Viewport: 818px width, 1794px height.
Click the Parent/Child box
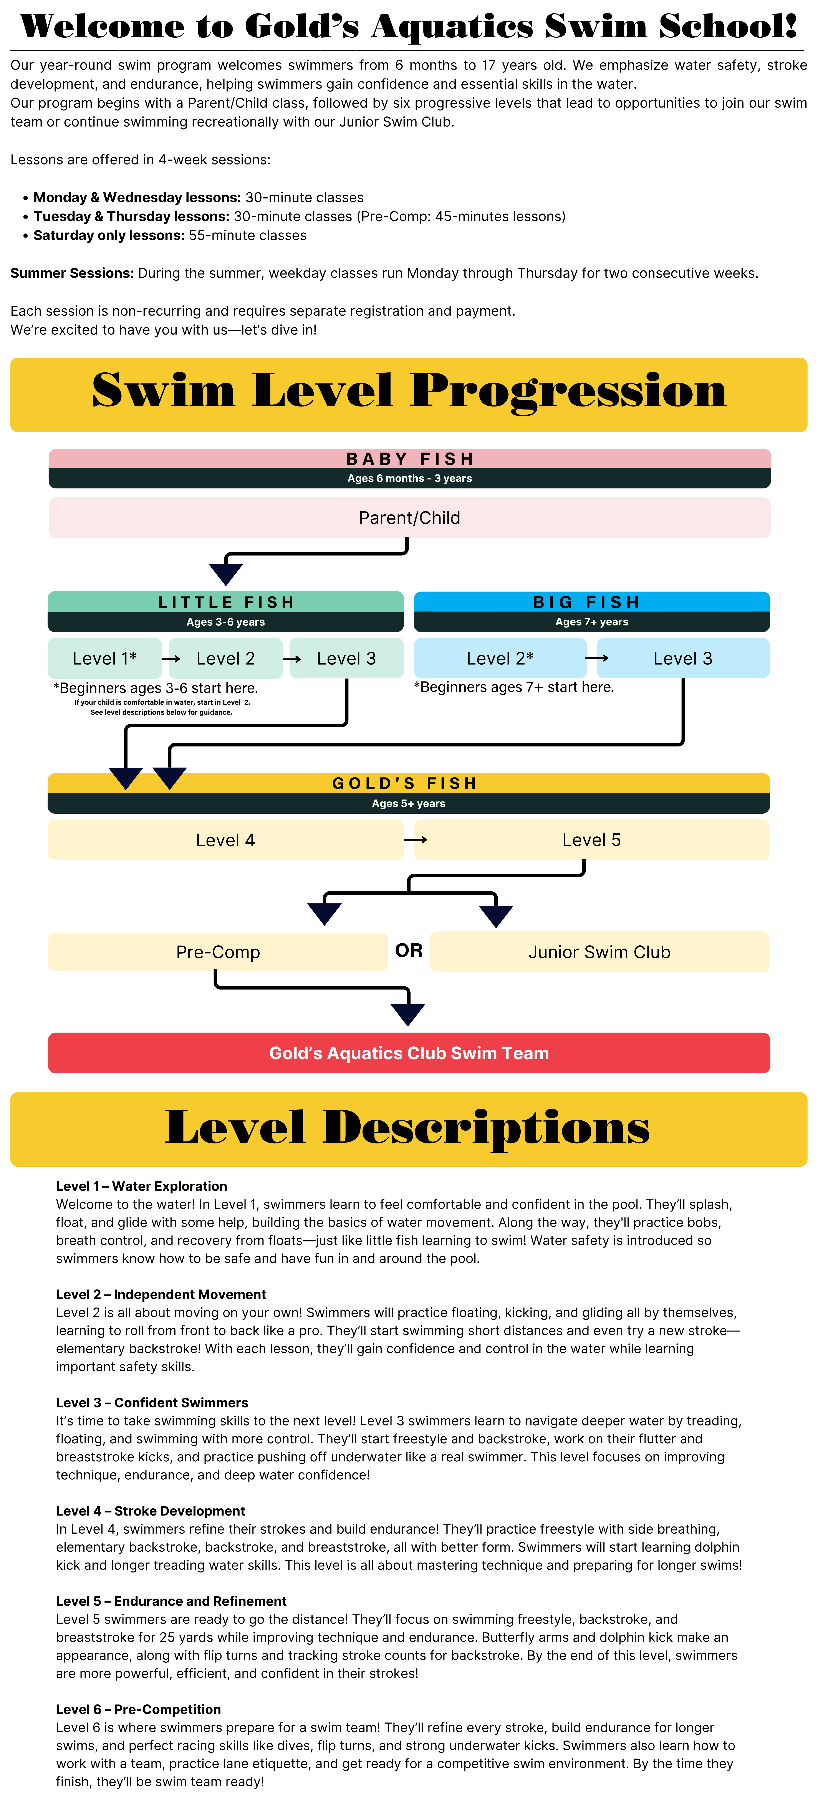pos(409,517)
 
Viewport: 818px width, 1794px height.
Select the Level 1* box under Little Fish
pos(104,658)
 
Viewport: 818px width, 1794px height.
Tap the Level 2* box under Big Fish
pos(500,658)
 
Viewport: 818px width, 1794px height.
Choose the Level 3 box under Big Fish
pos(682,658)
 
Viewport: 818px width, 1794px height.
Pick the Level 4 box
pos(225,840)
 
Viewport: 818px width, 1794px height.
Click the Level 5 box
pos(591,840)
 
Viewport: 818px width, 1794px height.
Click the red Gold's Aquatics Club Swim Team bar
pos(409,1053)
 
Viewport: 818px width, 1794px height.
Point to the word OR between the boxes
pos(409,951)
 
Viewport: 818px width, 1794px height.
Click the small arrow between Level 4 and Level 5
pos(416,840)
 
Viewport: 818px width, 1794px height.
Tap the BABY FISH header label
pos(409,459)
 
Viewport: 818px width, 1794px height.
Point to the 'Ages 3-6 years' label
pos(225,622)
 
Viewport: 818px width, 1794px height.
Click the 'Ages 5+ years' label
pos(409,804)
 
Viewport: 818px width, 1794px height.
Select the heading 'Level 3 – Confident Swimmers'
pos(152,1403)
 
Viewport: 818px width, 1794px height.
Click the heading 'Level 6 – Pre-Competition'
pos(138,1709)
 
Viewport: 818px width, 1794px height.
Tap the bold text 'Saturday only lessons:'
pos(109,235)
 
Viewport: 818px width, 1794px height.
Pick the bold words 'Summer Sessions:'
pos(72,273)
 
